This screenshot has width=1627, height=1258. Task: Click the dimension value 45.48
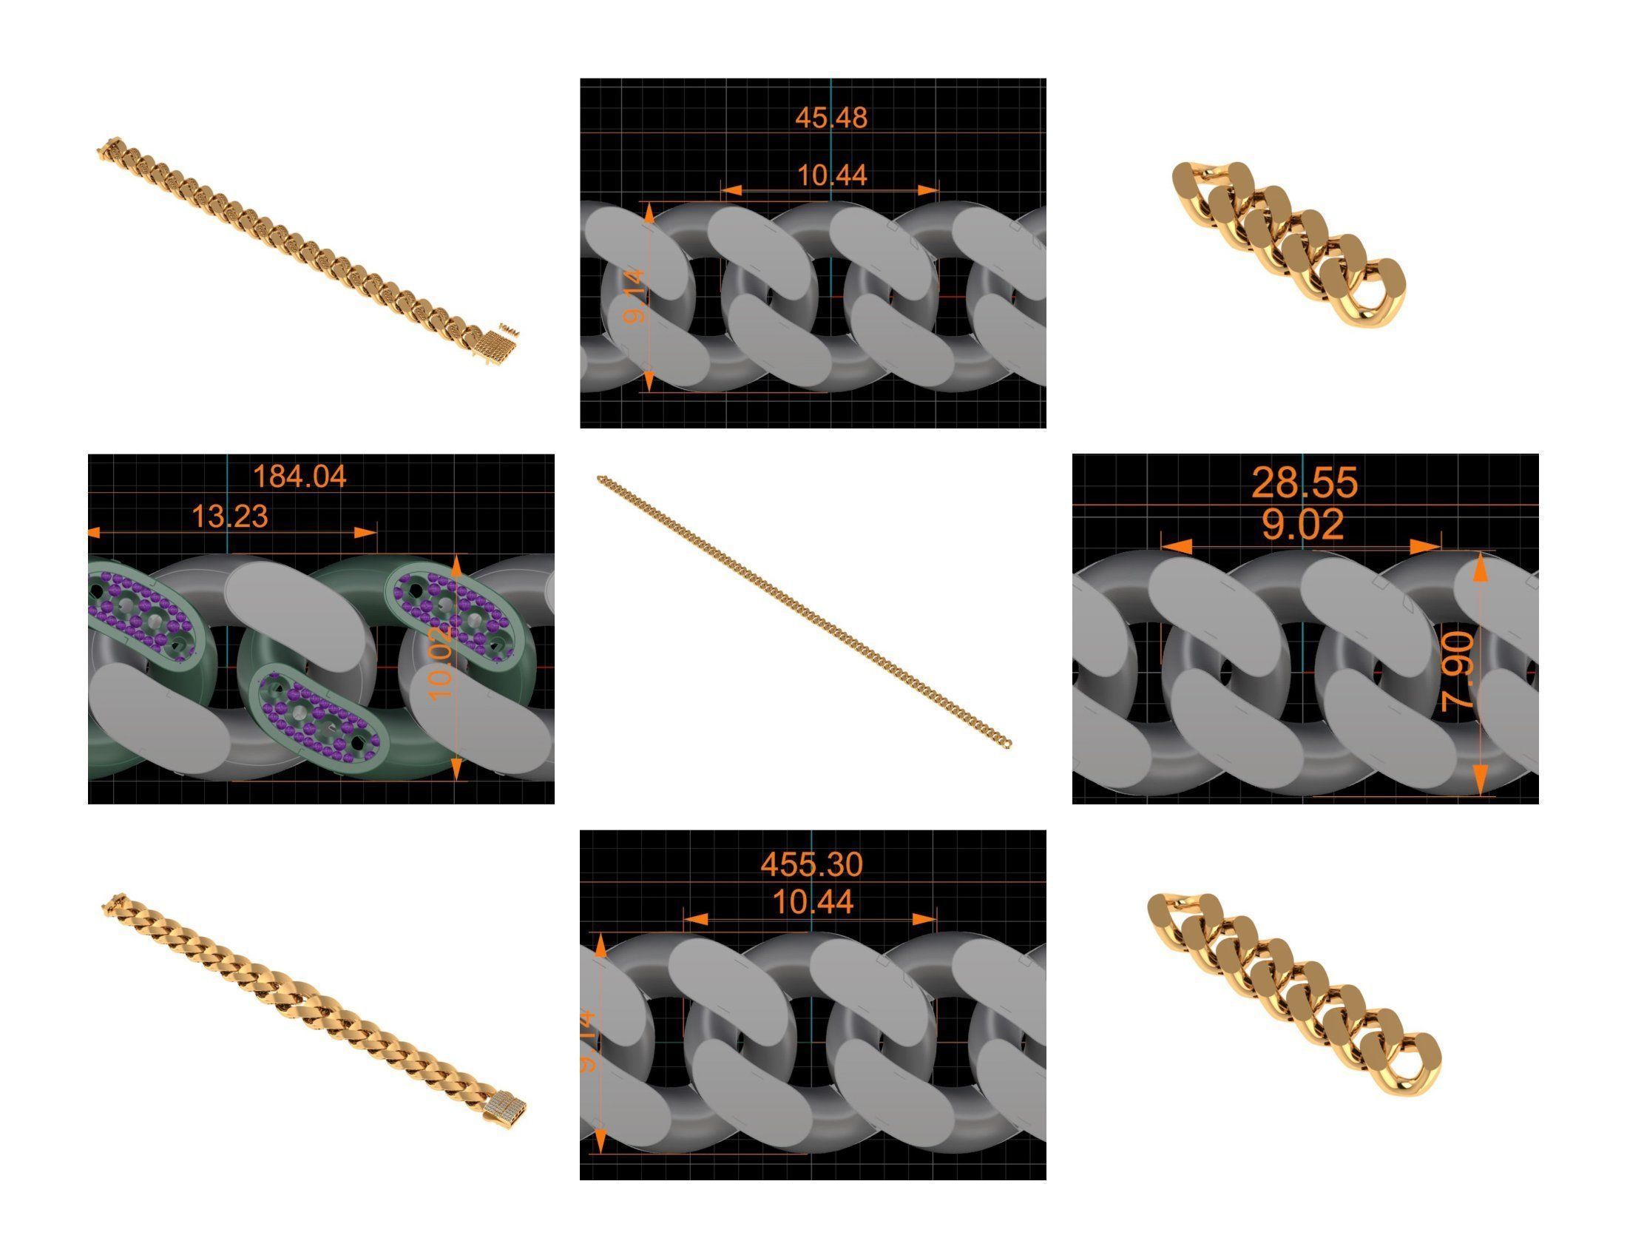point(831,118)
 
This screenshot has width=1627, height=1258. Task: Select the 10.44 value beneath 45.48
point(832,176)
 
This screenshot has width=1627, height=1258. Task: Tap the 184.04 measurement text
point(300,477)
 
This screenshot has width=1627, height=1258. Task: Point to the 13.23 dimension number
point(229,517)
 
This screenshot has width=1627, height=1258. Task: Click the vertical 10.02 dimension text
point(442,662)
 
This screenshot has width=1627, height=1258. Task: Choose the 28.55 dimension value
point(1305,483)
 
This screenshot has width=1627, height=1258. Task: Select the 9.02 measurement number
point(1303,525)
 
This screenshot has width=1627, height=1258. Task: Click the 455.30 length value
point(811,864)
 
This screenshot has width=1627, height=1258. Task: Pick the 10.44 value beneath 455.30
point(813,903)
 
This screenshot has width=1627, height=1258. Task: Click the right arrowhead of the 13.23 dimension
point(365,532)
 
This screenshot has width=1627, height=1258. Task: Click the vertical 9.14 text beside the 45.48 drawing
point(635,296)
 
